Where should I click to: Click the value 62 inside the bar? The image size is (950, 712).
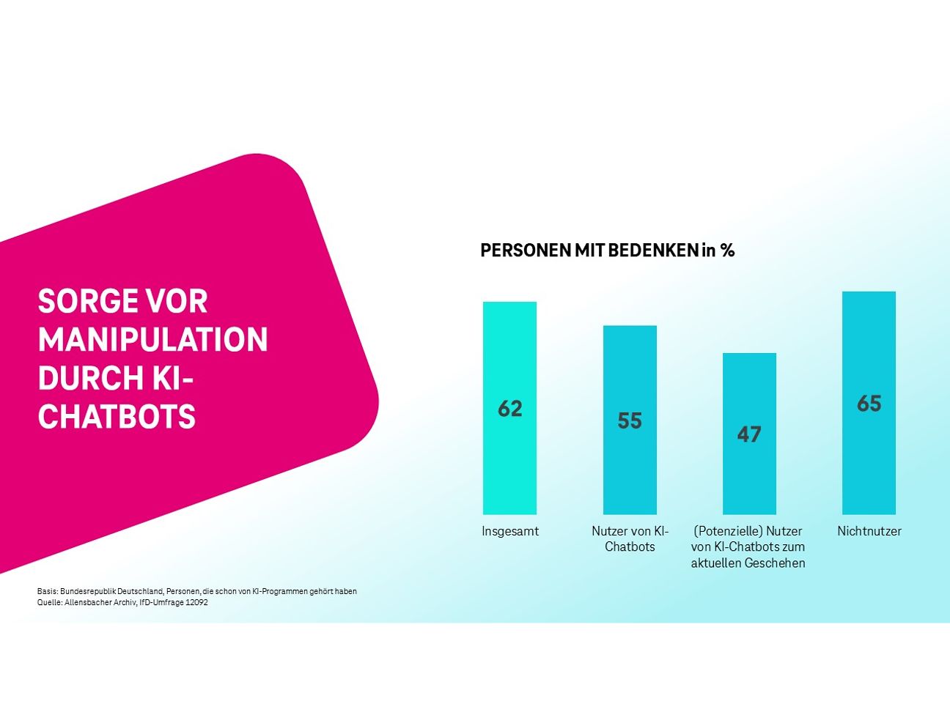pyautogui.click(x=510, y=408)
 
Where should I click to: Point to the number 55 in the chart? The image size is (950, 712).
pyautogui.click(x=630, y=420)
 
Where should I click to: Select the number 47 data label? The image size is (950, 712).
pyautogui.click(x=749, y=434)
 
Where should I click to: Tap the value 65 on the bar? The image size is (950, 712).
pyautogui.click(x=869, y=404)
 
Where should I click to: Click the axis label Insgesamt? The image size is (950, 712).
pyautogui.click(x=510, y=531)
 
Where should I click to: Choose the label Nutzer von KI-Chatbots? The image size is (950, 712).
pyautogui.click(x=630, y=539)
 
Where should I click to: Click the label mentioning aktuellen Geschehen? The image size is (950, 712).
pyautogui.click(x=748, y=563)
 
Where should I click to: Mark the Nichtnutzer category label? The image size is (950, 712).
pyautogui.click(x=869, y=531)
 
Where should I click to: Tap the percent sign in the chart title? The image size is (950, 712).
pyautogui.click(x=727, y=251)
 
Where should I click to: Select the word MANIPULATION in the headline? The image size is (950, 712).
pyautogui.click(x=152, y=340)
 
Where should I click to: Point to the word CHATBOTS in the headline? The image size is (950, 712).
pyautogui.click(x=117, y=417)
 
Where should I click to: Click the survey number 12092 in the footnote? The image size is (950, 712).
pyautogui.click(x=196, y=603)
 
